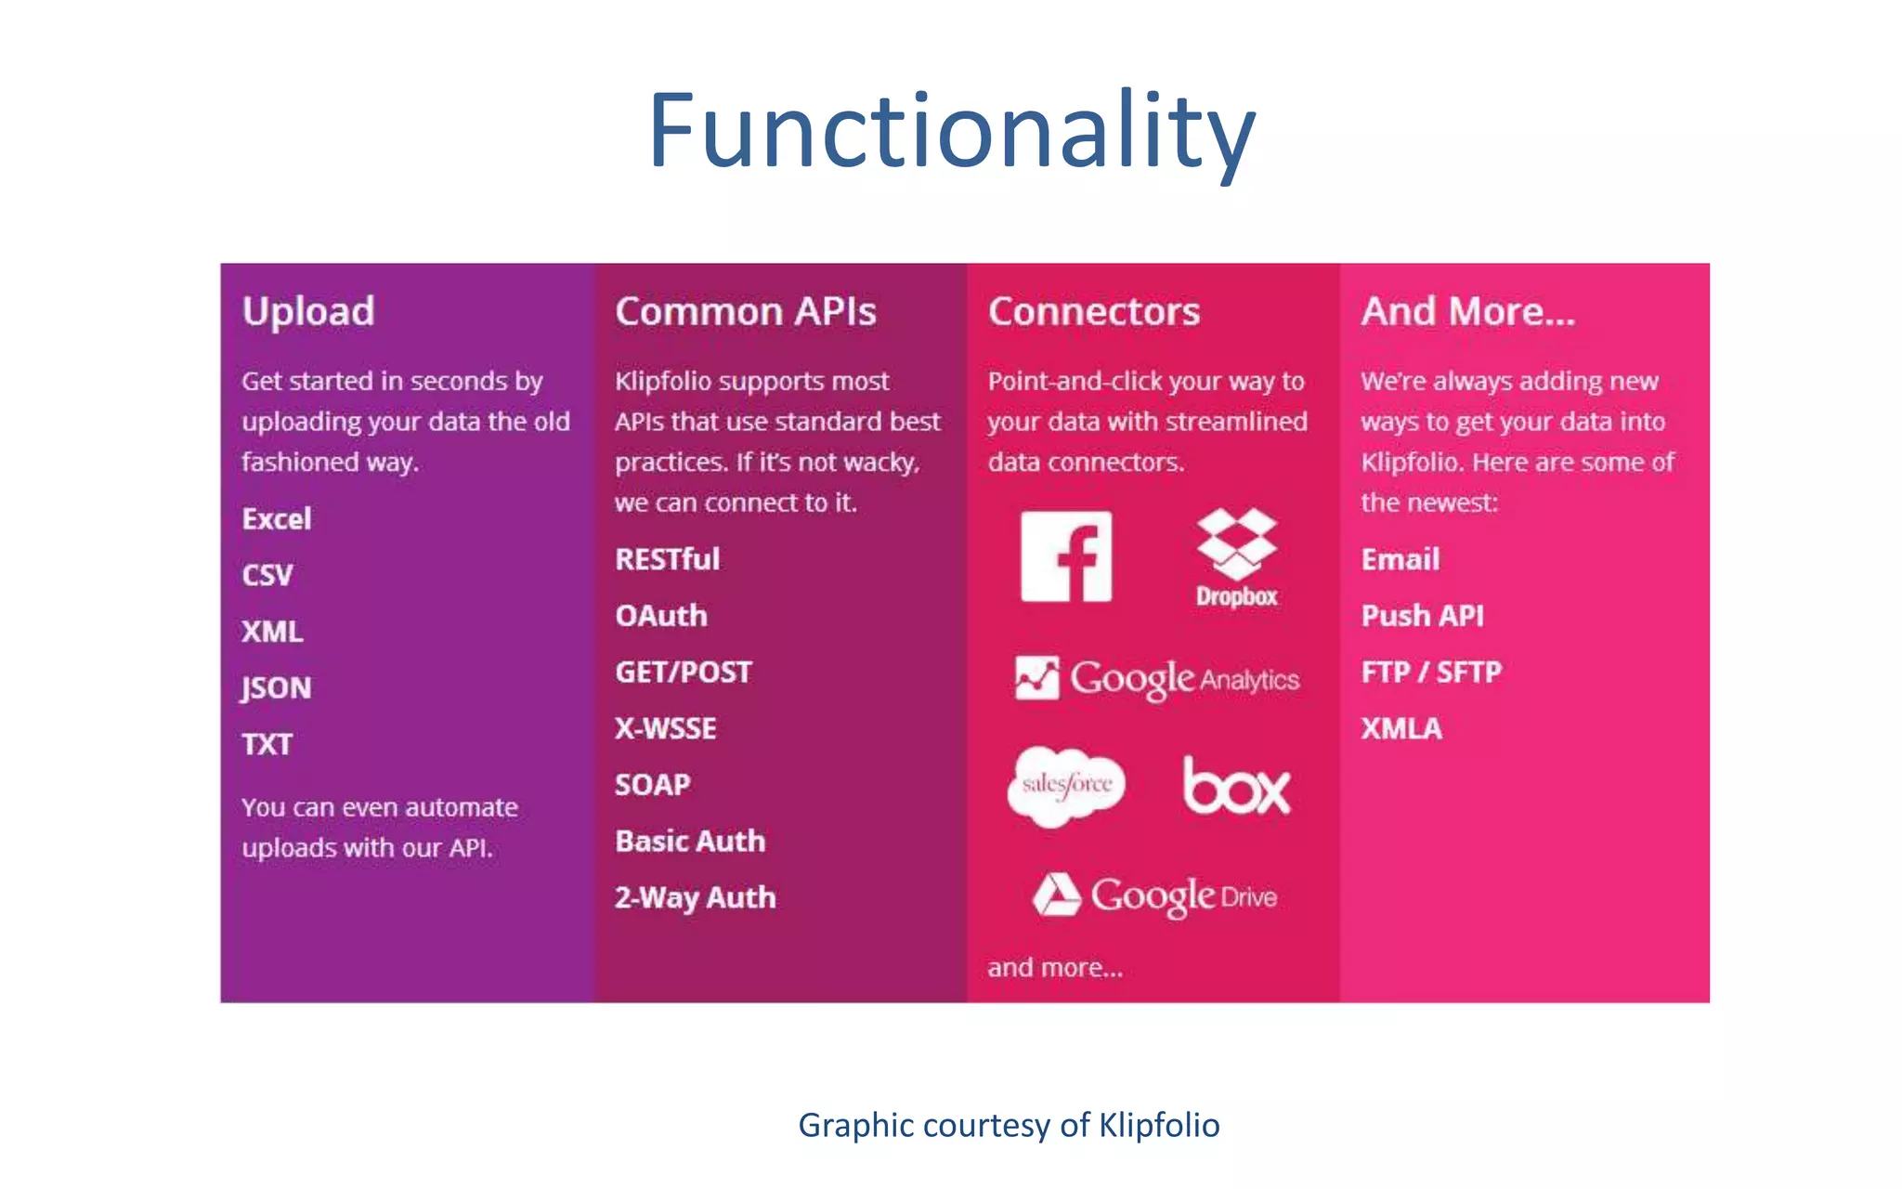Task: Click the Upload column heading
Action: click(x=308, y=311)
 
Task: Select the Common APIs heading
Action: click(x=745, y=311)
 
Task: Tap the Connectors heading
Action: click(x=1093, y=311)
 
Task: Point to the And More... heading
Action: click(x=1467, y=311)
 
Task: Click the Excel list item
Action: click(x=277, y=518)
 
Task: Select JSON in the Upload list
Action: click(x=277, y=687)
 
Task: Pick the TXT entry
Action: click(x=267, y=744)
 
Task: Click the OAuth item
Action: click(x=660, y=616)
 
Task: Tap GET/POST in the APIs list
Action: click(x=683, y=672)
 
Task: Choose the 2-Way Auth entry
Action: click(x=695, y=897)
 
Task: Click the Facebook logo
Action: click(x=1066, y=556)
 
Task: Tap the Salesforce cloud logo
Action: click(x=1066, y=785)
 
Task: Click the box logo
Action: click(x=1236, y=787)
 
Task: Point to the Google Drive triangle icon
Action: click(x=1057, y=895)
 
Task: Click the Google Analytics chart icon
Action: click(x=1036, y=677)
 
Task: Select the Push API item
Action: click(x=1422, y=616)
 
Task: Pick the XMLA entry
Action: click(x=1401, y=728)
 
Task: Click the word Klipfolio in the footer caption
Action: click(x=1159, y=1125)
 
